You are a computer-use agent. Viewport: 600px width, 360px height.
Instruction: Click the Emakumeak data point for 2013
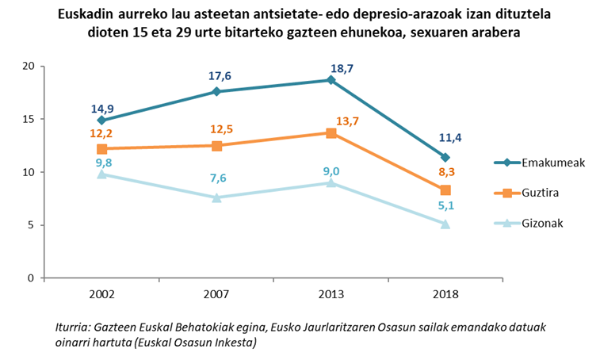tap(331, 80)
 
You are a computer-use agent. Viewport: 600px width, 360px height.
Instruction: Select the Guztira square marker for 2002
tap(102, 149)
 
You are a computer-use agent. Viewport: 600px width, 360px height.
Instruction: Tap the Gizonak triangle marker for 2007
tap(216, 197)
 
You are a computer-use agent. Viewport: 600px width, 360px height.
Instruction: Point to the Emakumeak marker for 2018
tap(445, 157)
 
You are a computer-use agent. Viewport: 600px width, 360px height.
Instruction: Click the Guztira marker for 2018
tap(445, 190)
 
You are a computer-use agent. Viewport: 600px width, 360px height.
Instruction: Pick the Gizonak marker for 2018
tap(445, 224)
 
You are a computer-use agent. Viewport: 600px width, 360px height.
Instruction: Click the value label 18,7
tap(342, 69)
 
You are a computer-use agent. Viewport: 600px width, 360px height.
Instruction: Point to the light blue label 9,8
tap(104, 163)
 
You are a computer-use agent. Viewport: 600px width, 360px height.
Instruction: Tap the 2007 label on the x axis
tap(216, 294)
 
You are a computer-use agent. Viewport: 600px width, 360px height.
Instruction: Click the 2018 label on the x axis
tap(445, 294)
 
